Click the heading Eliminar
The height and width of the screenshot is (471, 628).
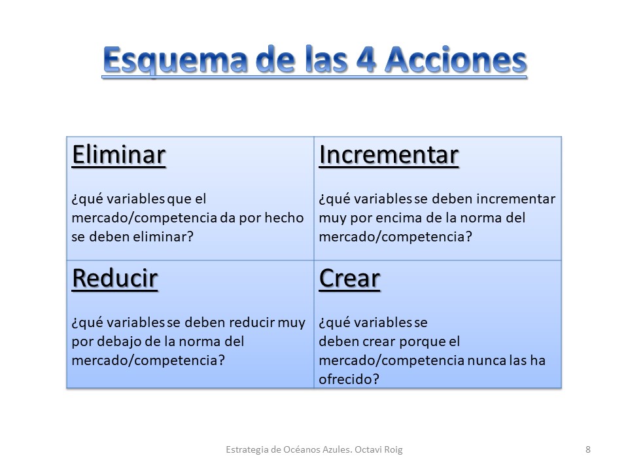(118, 155)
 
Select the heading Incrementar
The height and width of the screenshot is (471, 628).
(389, 155)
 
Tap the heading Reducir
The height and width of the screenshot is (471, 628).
(115, 279)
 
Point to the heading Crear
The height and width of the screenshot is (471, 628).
(349, 279)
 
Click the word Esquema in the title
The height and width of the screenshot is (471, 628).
(175, 60)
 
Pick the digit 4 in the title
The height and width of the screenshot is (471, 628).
(366, 60)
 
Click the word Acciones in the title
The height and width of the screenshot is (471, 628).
(456, 60)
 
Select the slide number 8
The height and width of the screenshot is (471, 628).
(588, 449)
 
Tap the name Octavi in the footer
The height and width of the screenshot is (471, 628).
(368, 449)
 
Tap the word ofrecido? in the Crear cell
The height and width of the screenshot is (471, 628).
(349, 379)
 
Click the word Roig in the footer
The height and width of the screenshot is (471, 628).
(393, 450)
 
